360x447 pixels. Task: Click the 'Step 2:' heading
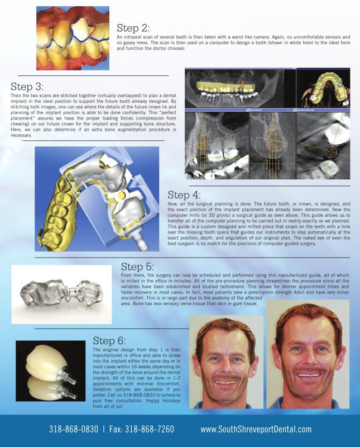click(x=133, y=28)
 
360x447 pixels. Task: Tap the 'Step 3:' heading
click(x=27, y=87)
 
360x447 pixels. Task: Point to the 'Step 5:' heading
click(x=137, y=267)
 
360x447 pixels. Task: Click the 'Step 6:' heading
click(x=109, y=340)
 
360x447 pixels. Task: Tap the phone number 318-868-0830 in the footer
click(x=73, y=430)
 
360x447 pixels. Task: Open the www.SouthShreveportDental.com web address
click(x=256, y=430)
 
